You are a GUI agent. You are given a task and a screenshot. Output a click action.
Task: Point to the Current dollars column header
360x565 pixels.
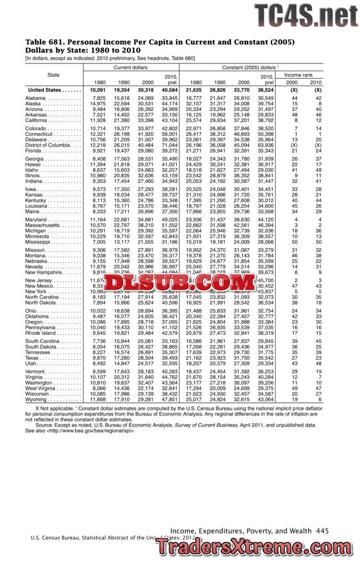[x=131, y=67]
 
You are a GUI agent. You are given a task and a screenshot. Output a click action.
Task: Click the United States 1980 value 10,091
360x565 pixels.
[x=97, y=89]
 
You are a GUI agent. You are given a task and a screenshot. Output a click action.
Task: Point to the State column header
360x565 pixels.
[x=54, y=74]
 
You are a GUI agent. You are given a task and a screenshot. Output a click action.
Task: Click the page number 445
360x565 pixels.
[x=322, y=530]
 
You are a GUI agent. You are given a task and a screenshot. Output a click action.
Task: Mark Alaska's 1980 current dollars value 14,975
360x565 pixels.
[x=97, y=104]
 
